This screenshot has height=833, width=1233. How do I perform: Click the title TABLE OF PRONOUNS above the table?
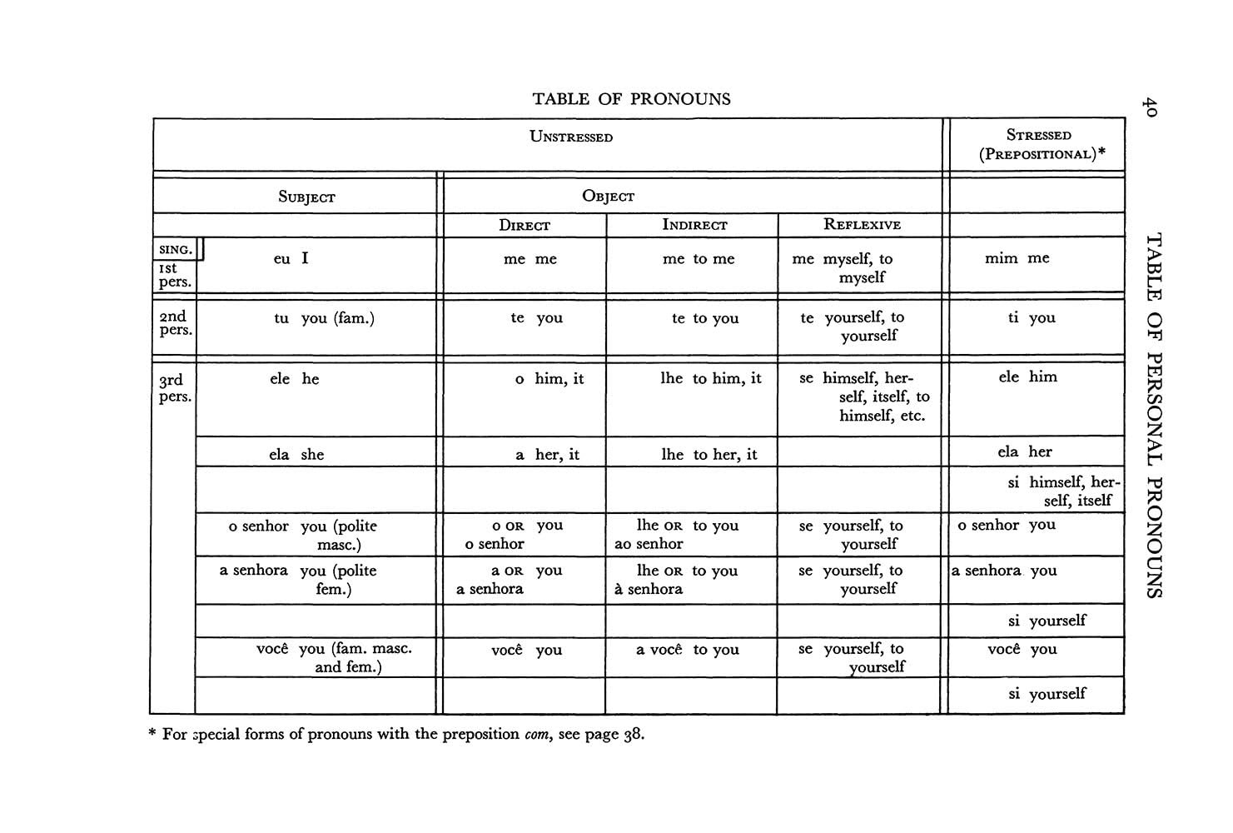pyautogui.click(x=631, y=99)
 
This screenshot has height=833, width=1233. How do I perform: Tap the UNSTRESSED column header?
pyautogui.click(x=571, y=137)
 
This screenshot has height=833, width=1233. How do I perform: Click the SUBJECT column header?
pyautogui.click(x=306, y=197)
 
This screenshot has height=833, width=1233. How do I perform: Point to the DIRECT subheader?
pyautogui.click(x=525, y=225)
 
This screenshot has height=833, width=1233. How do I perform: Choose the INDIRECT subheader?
pyautogui.click(x=694, y=225)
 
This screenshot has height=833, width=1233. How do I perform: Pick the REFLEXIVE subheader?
pyautogui.click(x=862, y=224)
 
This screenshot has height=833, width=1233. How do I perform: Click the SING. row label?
pyautogui.click(x=176, y=249)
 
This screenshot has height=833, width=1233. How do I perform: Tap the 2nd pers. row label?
pyautogui.click(x=174, y=323)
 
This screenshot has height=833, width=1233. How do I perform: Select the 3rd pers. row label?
pyautogui.click(x=174, y=388)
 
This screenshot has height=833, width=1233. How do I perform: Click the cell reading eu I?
pyautogui.click(x=291, y=259)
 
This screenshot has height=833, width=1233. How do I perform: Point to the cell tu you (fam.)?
pyautogui.click(x=324, y=318)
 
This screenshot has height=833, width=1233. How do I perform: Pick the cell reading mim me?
pyautogui.click(x=1017, y=258)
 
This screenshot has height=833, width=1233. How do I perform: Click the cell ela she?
pyautogui.click(x=296, y=455)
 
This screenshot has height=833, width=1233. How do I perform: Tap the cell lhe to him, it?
pyautogui.click(x=711, y=379)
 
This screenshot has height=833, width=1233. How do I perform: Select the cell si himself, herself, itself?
pyautogui.click(x=1063, y=491)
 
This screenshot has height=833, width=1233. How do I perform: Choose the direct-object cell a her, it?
pyautogui.click(x=547, y=455)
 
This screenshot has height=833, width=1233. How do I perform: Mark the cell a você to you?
pyautogui.click(x=688, y=650)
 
